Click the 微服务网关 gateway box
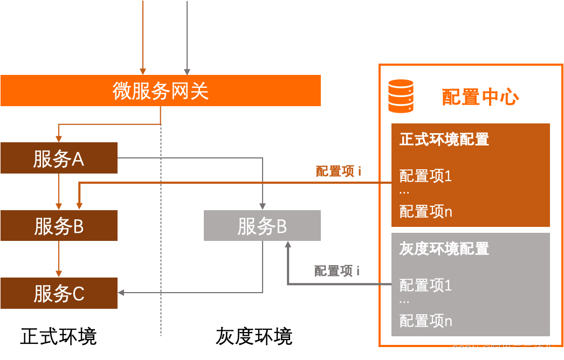point(161,91)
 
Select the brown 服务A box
point(59,158)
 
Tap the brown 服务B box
point(59,226)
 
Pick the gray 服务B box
point(262,226)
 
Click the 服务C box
point(59,294)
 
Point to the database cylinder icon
point(401,96)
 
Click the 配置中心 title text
point(480,97)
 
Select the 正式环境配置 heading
point(444,139)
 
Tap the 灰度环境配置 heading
point(444,248)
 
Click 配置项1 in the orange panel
point(425,176)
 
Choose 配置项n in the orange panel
point(425,211)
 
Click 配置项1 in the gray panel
point(425,285)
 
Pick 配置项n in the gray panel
point(425,321)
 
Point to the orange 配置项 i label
point(338,171)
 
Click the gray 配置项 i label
point(337,271)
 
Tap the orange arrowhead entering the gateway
point(143,71)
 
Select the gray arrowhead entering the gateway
point(187,71)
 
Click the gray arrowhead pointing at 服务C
point(121,293)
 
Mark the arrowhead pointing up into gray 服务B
point(288,245)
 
